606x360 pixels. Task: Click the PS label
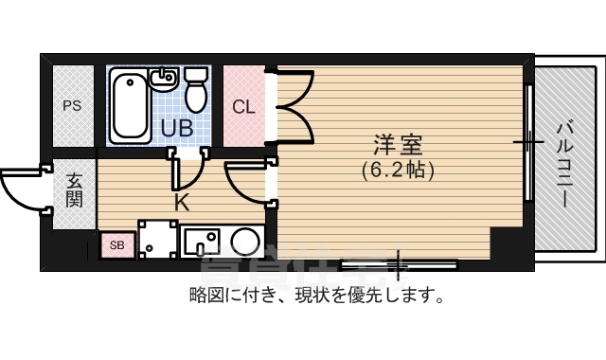click(x=72, y=106)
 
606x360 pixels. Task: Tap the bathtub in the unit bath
click(x=130, y=106)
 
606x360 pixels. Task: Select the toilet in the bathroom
click(x=197, y=89)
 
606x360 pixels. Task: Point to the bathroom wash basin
click(x=165, y=78)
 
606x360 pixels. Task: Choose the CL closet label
click(x=244, y=106)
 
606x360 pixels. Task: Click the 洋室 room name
click(x=397, y=146)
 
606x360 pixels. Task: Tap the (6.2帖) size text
click(x=397, y=171)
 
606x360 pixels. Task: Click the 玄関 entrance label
click(x=74, y=188)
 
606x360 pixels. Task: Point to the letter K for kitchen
click(x=182, y=202)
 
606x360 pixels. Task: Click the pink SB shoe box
click(x=117, y=245)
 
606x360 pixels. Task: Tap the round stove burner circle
click(x=245, y=241)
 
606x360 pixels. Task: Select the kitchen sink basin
click(x=201, y=241)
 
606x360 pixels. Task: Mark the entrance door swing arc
click(x=21, y=188)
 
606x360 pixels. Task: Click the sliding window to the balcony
click(x=529, y=142)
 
